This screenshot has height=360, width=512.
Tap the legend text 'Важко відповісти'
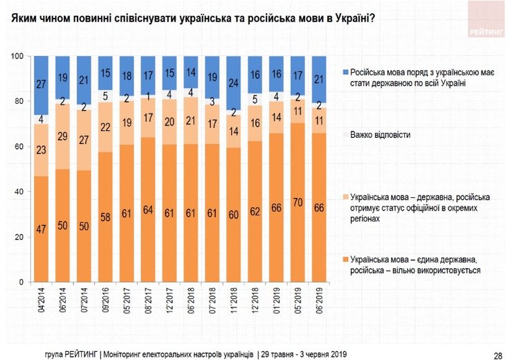[378, 134]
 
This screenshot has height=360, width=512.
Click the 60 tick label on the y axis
[20, 147]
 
